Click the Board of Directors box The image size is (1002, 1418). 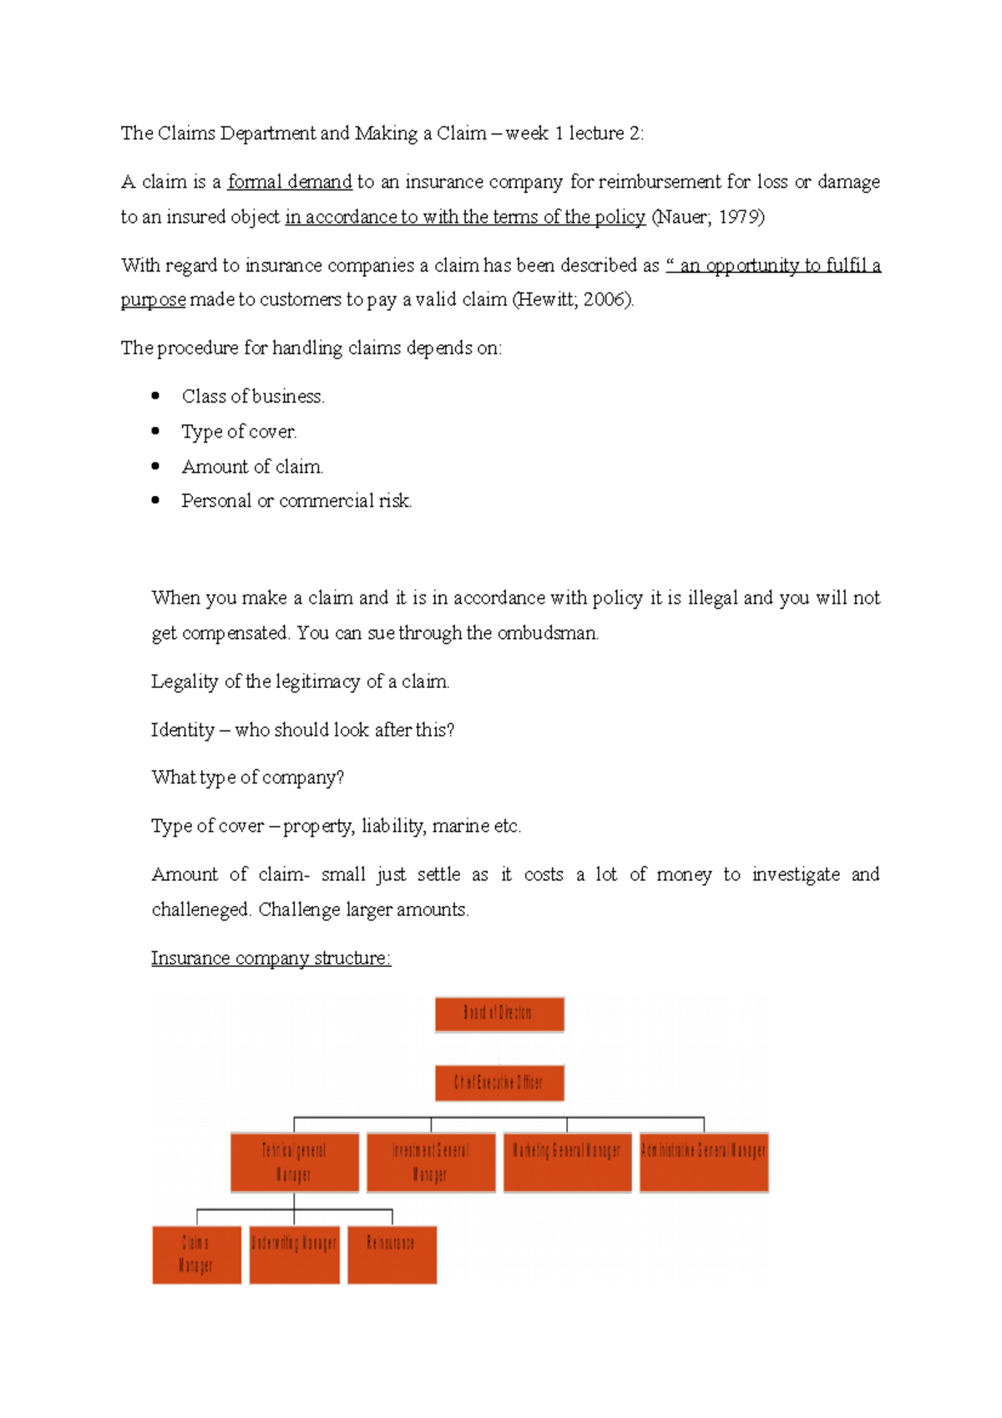(499, 1014)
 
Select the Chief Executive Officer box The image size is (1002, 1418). (499, 1083)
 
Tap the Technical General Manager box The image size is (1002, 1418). (295, 1162)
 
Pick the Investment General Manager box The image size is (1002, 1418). (431, 1162)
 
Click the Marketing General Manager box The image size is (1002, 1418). (567, 1162)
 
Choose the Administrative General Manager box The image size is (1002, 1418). (704, 1162)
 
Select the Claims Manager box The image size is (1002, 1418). (196, 1254)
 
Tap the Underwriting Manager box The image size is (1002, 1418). (294, 1254)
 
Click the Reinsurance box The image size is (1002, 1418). (392, 1254)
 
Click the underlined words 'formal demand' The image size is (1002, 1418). (290, 182)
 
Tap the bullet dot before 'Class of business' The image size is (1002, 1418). (155, 396)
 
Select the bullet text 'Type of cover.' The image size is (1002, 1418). (239, 432)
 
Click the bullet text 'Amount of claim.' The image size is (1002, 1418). (252, 467)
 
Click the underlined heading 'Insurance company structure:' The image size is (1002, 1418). (271, 958)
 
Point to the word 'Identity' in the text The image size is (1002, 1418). (183, 730)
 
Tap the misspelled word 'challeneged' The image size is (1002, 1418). (200, 909)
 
